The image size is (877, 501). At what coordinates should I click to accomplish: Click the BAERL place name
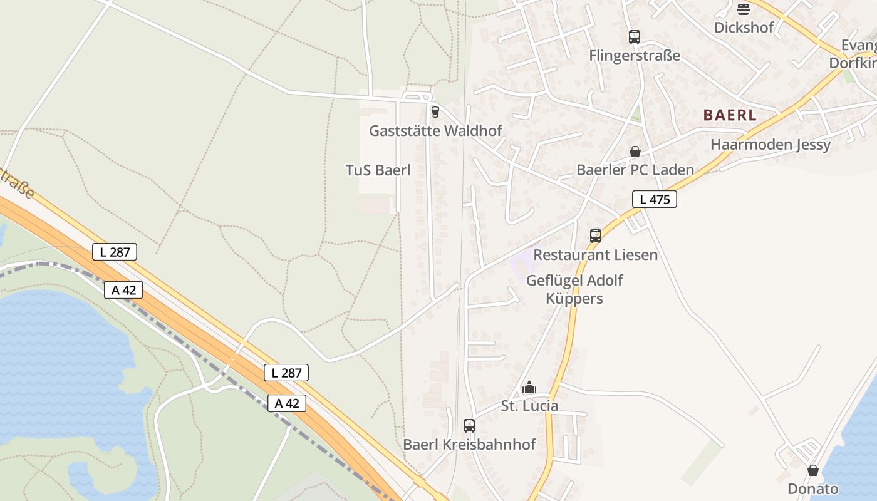(730, 115)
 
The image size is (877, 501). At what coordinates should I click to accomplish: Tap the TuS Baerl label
(378, 170)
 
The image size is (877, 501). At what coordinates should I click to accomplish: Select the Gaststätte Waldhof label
(435, 131)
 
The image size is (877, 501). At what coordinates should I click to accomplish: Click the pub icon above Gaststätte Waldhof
(435, 112)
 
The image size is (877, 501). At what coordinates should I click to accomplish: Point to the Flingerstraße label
(634, 56)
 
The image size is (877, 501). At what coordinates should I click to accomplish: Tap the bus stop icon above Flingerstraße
(635, 37)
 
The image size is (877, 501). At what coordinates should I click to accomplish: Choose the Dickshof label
(744, 28)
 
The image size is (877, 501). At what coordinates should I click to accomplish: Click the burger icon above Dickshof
(744, 9)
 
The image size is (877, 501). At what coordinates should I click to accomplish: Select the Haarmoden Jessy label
(770, 145)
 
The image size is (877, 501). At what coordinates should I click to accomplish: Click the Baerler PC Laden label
(635, 170)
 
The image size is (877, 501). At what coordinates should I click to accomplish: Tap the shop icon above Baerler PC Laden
(635, 152)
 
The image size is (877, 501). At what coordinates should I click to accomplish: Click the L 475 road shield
(654, 200)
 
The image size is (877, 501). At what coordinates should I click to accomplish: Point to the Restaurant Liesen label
(595, 255)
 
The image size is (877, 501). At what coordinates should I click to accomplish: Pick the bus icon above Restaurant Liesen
(595, 236)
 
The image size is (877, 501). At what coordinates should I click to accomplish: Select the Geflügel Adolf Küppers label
(574, 289)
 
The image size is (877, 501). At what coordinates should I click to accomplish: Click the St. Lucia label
(529, 406)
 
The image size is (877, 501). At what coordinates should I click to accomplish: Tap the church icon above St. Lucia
(529, 388)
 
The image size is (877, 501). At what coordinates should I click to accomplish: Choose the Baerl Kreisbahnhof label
(469, 445)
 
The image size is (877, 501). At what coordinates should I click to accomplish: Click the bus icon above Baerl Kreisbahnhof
(469, 426)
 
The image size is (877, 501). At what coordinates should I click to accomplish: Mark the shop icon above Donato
(812, 470)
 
